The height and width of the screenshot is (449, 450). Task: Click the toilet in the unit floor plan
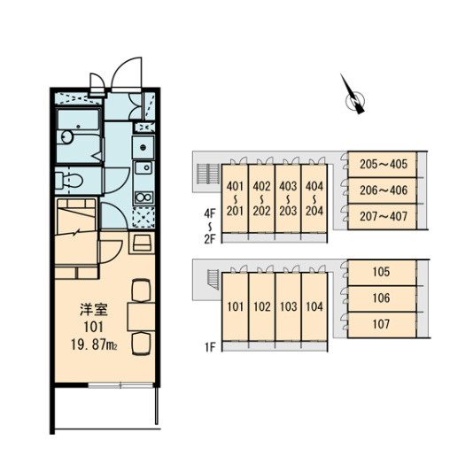(68, 181)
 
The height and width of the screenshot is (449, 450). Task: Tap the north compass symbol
(353, 97)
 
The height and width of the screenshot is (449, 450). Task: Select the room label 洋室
(94, 309)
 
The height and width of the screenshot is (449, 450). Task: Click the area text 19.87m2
(94, 344)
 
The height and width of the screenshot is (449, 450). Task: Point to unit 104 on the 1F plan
(314, 306)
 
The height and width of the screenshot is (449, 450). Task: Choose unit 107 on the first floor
(382, 325)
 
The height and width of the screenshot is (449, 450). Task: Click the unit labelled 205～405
(382, 165)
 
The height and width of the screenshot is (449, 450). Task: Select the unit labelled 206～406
(382, 190)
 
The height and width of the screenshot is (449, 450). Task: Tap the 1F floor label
(210, 347)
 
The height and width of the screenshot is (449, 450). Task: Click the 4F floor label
(210, 213)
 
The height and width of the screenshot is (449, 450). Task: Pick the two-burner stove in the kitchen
(144, 197)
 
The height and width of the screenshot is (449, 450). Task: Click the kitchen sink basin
(144, 168)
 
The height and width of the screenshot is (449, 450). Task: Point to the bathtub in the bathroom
(78, 120)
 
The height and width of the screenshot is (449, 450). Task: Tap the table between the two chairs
(141, 316)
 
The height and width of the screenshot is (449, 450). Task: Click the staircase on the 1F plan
(213, 279)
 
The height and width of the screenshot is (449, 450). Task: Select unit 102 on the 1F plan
(262, 306)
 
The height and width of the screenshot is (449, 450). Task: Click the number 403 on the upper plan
(288, 186)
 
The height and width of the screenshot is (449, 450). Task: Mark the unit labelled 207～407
(382, 217)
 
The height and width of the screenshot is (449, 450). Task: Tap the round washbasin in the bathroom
(67, 137)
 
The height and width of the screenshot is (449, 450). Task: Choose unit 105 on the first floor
(382, 273)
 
